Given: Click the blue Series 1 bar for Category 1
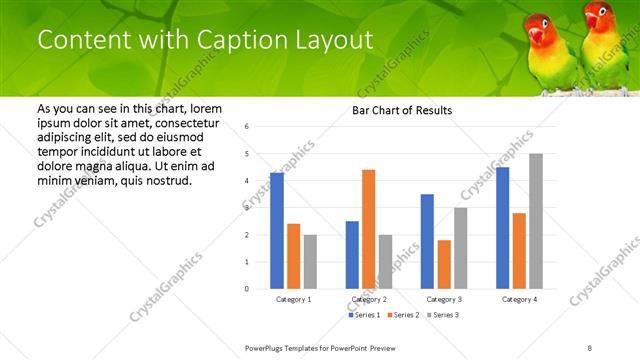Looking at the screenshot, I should pos(277,231).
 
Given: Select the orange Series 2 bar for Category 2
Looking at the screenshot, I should pos(368,229).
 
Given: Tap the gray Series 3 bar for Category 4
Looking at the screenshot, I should pos(536,221).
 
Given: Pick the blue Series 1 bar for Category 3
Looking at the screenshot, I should pos(428,241).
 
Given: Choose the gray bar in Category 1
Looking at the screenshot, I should pos(310,262).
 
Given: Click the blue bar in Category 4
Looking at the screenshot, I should pos(503,228).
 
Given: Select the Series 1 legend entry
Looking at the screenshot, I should pos(364,315).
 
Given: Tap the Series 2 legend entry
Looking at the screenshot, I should pos(403,315).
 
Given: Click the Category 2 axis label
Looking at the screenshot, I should pos(368,299).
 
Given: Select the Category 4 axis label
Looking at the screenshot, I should pos(519,299).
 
